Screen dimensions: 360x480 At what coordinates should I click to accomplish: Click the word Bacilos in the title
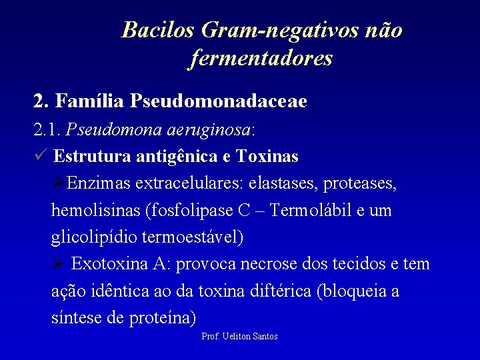(x=157, y=30)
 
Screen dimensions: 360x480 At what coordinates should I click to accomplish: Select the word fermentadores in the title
(x=261, y=59)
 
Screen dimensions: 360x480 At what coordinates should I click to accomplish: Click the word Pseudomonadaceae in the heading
(x=219, y=101)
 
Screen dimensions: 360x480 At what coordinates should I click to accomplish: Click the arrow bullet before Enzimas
(x=58, y=183)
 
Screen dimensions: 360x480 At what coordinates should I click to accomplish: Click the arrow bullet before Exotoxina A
(x=58, y=264)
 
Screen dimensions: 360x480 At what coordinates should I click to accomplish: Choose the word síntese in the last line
(x=76, y=319)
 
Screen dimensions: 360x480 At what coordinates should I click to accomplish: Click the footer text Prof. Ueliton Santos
(x=239, y=337)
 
